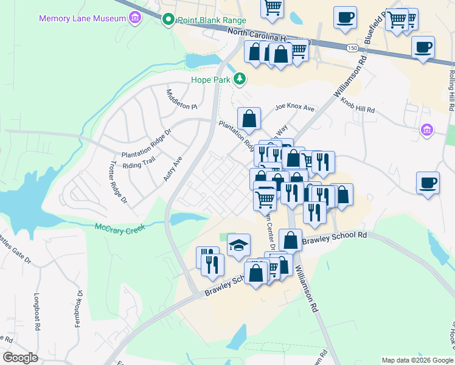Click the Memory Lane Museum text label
[82, 18]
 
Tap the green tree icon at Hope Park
[240, 78]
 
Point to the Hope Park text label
[211, 80]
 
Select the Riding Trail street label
[140, 165]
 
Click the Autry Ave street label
[173, 170]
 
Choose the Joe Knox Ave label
[294, 108]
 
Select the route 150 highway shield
[352, 47]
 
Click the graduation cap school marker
[238, 245]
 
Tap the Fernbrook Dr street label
[78, 310]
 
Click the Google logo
[21, 357]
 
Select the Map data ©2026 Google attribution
[416, 360]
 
